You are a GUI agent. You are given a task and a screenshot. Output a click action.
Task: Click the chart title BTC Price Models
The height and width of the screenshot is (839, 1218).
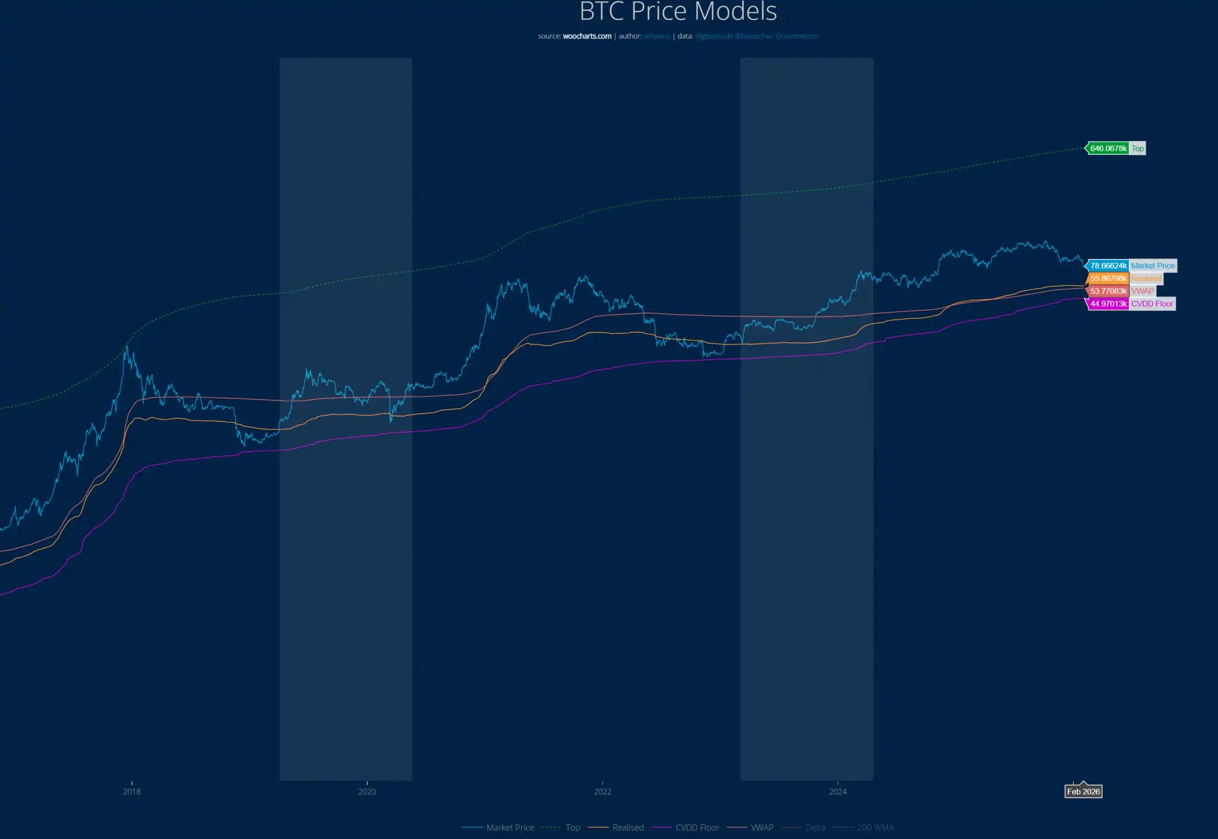pos(678,11)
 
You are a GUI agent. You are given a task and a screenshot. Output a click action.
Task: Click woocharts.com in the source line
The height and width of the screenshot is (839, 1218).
pos(587,37)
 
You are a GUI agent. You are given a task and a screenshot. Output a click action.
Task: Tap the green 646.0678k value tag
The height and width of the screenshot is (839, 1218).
pos(1108,148)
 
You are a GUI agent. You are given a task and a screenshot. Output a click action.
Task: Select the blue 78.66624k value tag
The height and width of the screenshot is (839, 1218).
pos(1108,265)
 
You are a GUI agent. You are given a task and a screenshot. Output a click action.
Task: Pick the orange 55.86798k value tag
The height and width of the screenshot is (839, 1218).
pos(1108,278)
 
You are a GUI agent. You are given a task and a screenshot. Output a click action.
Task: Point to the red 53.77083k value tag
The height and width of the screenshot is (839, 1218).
pos(1108,291)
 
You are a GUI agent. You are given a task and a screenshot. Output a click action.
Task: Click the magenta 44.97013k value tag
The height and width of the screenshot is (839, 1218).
pos(1108,303)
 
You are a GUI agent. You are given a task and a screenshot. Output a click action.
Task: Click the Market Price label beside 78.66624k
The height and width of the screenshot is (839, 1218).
pos(1152,265)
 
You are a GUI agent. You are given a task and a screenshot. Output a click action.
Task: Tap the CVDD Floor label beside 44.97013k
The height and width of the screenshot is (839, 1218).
pos(1152,303)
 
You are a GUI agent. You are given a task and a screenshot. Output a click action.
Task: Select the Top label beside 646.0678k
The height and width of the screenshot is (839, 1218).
pos(1137,148)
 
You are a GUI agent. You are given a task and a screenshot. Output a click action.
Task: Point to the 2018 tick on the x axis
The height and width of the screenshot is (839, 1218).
pos(131,791)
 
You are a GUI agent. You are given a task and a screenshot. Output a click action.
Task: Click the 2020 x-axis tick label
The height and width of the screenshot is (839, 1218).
pos(367,791)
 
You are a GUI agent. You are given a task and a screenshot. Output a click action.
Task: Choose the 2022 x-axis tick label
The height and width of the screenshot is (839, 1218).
pos(602,791)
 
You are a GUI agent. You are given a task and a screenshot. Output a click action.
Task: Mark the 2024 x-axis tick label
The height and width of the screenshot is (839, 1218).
pos(838,791)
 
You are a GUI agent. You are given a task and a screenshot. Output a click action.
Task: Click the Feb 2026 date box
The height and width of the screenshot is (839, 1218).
pos(1083,791)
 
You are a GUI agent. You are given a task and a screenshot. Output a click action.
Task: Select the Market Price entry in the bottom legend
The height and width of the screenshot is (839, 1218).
pos(510,828)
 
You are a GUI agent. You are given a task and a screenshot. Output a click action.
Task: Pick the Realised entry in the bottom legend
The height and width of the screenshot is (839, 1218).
pos(628,828)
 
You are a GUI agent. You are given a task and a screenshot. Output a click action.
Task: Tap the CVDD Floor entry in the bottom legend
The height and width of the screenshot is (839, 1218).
pos(697,828)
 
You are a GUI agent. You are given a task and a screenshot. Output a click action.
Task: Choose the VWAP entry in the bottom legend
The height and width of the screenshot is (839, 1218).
pos(762,828)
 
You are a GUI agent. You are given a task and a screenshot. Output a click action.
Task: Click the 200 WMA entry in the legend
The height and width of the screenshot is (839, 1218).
pos(875,828)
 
